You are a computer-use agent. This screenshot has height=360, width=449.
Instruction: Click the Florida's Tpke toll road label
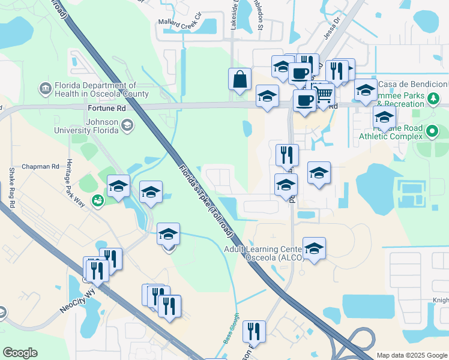pos(204,192)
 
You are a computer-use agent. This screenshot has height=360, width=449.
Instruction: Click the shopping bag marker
pos(240,80)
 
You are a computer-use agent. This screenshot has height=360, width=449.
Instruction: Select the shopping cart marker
pos(324,94)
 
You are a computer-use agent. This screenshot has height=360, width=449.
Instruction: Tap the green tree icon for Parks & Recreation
pos(432,98)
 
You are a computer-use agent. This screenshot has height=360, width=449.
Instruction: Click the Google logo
pos(20,353)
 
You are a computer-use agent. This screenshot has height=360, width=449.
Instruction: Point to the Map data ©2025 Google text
pos(412,355)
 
